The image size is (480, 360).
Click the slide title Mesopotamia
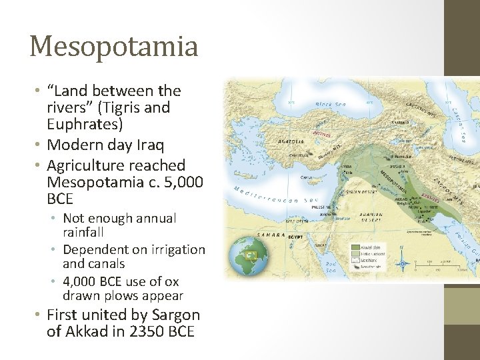[113, 47]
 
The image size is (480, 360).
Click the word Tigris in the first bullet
[143, 107]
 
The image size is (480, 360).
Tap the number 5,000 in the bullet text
[183, 182]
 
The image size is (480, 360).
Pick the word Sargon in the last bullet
[177, 315]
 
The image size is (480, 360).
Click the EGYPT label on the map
[295, 237]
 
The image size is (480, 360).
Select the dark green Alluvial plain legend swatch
[355, 246]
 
